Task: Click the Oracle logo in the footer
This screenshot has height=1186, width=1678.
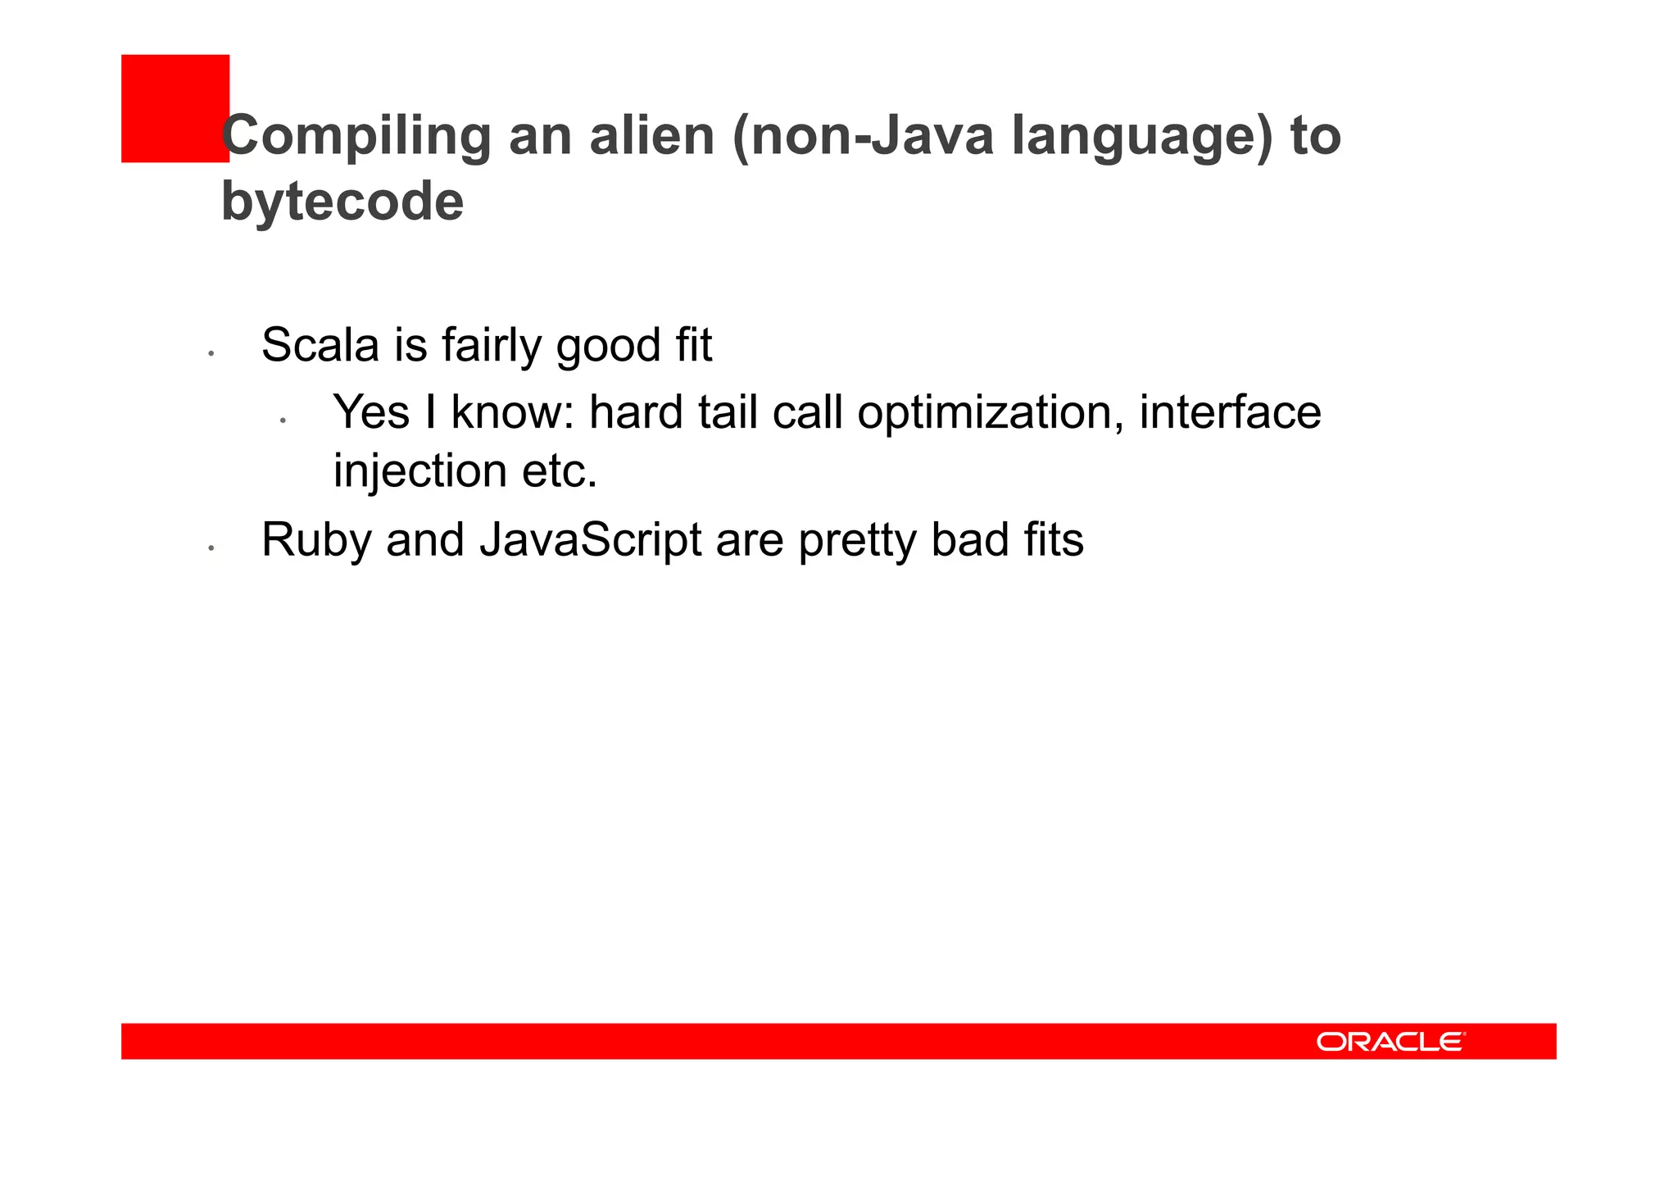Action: coord(1390,1041)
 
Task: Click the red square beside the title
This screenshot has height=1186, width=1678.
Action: coord(175,108)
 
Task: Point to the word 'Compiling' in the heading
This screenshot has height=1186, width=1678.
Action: coord(356,137)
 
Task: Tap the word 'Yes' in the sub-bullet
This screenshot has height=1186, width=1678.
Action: coord(371,411)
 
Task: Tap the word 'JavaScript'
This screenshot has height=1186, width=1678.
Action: coord(590,541)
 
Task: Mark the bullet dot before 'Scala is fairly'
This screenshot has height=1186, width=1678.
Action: coord(211,353)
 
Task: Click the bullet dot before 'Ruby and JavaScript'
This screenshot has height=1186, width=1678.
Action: coord(211,548)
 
